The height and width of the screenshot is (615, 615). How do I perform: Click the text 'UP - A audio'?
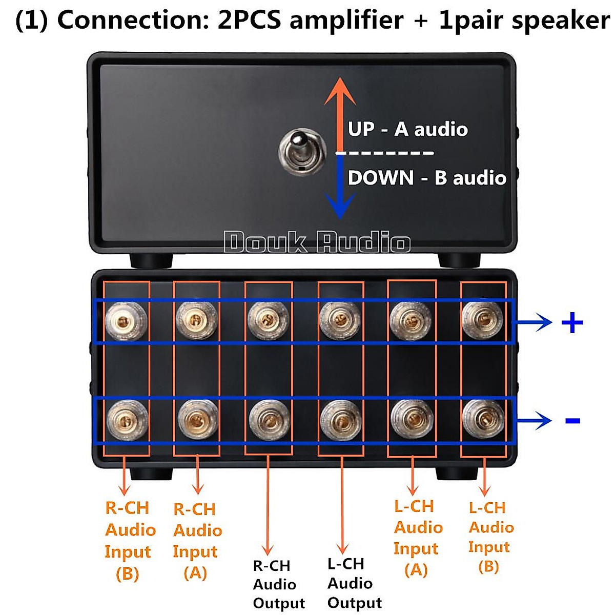tap(407, 129)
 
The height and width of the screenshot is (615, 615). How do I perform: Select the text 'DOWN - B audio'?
tap(427, 178)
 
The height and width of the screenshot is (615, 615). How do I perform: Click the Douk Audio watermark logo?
tap(317, 242)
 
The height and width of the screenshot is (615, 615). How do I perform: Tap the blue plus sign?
tap(572, 323)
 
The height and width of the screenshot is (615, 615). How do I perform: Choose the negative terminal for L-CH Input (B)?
tap(483, 420)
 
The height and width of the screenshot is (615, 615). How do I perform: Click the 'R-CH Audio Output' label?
tap(278, 584)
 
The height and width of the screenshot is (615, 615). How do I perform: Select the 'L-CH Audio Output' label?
tap(354, 583)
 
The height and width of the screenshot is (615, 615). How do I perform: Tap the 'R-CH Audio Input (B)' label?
tap(129, 541)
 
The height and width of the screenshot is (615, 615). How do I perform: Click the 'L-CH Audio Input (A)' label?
tap(417, 538)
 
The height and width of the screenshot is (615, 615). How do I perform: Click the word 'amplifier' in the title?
tap(346, 20)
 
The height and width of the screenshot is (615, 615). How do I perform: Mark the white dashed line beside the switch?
tap(384, 153)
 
